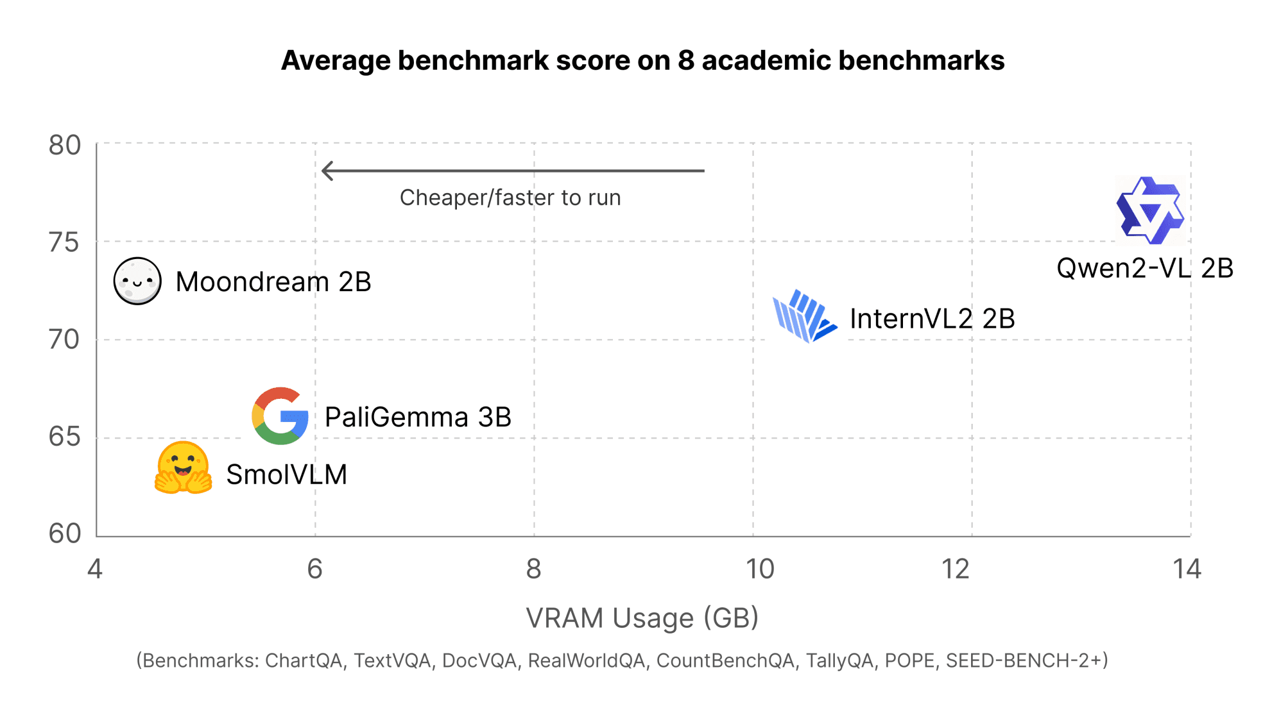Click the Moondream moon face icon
(137, 281)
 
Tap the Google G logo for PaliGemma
(280, 416)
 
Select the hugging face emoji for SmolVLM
(183, 468)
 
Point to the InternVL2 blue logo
(804, 317)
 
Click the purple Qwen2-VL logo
(1150, 210)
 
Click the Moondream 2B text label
(273, 282)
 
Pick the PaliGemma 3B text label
(418, 417)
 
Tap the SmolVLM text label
(286, 475)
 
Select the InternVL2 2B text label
(932, 319)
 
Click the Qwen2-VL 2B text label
(1144, 268)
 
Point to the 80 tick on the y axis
(65, 146)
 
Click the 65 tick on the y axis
(65, 437)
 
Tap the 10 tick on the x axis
(760, 569)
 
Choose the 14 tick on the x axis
(1187, 569)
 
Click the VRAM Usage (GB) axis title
(642, 618)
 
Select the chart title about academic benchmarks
(642, 61)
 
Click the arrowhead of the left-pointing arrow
(327, 171)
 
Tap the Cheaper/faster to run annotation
(510, 198)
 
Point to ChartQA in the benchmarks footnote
(304, 660)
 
